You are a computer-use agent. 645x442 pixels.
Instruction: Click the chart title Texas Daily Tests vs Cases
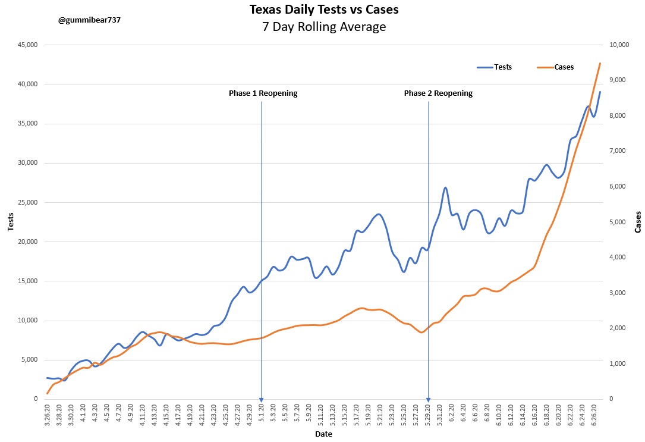pos(324,10)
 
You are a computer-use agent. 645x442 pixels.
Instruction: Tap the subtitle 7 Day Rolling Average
pos(324,27)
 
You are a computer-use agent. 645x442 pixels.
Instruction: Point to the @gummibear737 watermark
pos(89,20)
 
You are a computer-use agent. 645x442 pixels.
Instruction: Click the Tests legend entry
pos(502,67)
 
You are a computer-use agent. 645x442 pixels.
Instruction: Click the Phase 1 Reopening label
pos(263,93)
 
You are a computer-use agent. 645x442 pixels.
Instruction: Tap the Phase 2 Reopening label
pos(438,93)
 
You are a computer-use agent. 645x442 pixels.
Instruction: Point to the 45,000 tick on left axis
pos(27,45)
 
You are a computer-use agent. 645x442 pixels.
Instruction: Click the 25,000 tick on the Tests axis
pos(27,202)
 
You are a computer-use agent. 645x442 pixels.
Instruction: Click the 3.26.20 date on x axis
pos(48,415)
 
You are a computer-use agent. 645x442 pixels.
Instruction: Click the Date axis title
pos(324,434)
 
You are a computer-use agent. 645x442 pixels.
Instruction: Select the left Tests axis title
pos(10,222)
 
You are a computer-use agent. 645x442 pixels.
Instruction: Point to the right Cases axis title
pos(638,222)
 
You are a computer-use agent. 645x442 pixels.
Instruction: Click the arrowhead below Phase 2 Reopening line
pos(428,400)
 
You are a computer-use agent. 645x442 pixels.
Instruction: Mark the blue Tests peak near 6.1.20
pos(445,188)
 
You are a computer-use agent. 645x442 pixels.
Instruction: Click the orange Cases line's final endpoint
pos(600,63)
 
